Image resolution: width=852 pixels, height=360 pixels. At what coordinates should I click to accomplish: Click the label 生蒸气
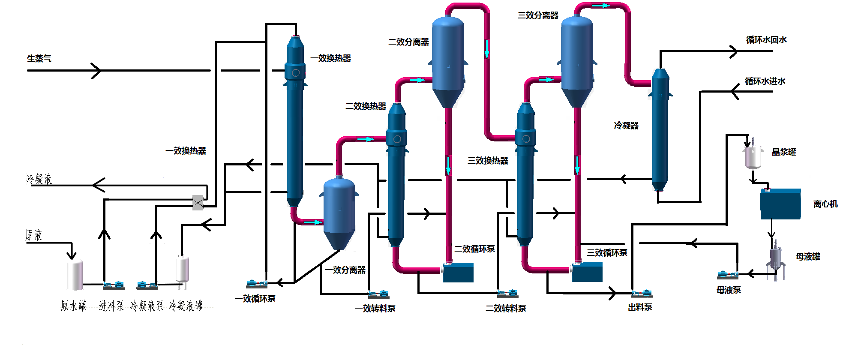(x=39, y=58)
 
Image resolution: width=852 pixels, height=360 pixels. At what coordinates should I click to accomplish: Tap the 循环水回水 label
(x=766, y=40)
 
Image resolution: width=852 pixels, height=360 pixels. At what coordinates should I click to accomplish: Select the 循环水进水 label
(x=765, y=81)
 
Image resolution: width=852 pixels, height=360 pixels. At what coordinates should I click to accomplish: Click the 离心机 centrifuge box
(x=780, y=204)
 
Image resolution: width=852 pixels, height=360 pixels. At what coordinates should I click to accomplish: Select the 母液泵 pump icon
(x=727, y=275)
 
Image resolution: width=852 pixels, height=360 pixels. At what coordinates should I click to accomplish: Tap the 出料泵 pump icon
(x=642, y=294)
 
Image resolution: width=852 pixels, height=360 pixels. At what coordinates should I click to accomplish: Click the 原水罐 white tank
(x=75, y=274)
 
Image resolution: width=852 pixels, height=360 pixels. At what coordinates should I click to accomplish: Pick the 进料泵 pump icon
(x=114, y=285)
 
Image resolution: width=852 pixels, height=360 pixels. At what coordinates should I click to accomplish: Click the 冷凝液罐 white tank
(x=183, y=268)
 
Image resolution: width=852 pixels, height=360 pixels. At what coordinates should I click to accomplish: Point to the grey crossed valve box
(x=198, y=202)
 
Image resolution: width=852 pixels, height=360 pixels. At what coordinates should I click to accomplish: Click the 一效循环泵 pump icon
(x=256, y=284)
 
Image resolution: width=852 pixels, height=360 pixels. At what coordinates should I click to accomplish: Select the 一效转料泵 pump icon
(x=378, y=294)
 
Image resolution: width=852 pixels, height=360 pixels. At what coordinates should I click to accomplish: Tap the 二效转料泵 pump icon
(x=507, y=294)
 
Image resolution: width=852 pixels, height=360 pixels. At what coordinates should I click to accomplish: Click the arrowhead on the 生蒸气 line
(x=96, y=70)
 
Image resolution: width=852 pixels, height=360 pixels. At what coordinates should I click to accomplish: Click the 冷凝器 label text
(x=626, y=126)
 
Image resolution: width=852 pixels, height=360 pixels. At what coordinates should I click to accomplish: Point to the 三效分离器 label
(x=538, y=15)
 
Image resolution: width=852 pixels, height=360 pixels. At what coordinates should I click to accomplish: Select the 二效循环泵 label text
(x=474, y=249)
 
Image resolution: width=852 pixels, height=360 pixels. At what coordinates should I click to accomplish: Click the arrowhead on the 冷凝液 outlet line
(x=99, y=185)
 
